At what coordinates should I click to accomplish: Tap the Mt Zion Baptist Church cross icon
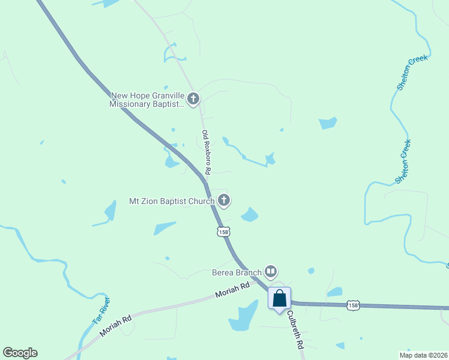(x=224, y=200)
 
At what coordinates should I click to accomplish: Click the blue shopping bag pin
(x=279, y=298)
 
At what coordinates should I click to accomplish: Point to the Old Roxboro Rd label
(x=206, y=152)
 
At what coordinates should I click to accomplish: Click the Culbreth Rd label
(x=294, y=330)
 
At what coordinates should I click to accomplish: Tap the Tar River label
(x=101, y=310)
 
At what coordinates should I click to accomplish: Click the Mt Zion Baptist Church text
(x=172, y=201)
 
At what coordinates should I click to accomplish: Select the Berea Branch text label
(x=237, y=272)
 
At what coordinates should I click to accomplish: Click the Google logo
(x=20, y=353)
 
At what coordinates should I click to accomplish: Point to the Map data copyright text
(x=423, y=355)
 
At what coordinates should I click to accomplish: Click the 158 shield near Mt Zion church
(x=223, y=232)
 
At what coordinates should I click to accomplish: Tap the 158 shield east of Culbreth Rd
(x=354, y=305)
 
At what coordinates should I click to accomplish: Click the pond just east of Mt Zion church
(x=250, y=214)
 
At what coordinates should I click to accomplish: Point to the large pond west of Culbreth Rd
(x=243, y=316)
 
